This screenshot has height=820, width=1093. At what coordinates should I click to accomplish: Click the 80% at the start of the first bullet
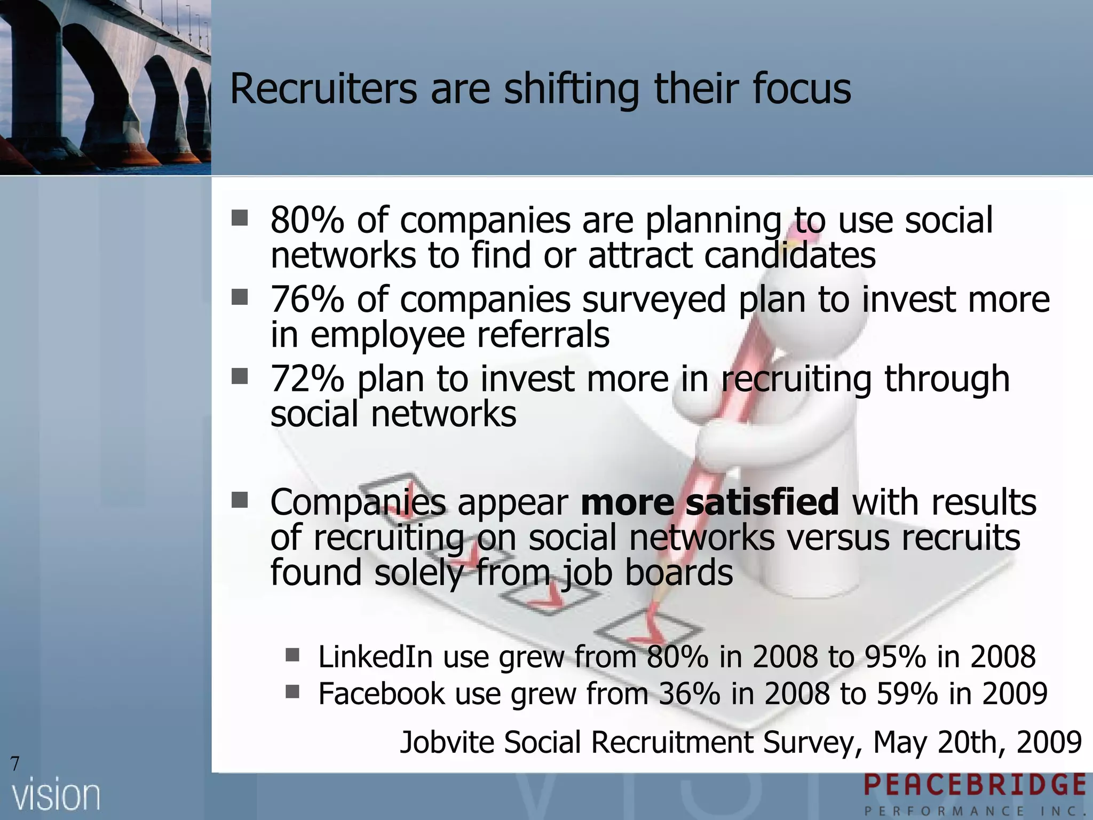307,220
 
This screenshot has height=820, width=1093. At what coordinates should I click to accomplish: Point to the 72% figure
307,379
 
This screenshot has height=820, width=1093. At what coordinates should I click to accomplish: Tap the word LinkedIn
375,657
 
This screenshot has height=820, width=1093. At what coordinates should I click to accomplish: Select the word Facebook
382,693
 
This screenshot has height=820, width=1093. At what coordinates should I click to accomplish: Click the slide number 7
15,764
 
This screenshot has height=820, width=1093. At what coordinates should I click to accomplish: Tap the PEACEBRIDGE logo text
975,786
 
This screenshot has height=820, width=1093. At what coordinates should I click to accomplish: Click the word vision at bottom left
57,796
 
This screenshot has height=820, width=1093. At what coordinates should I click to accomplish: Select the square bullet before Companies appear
240,500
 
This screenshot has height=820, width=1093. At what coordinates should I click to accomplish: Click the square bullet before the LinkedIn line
292,655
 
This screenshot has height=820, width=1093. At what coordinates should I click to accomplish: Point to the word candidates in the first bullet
790,255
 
